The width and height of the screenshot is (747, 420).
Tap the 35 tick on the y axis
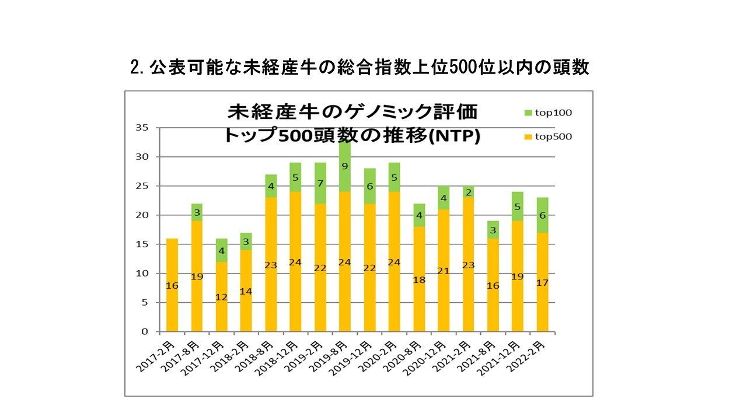coord(141,128)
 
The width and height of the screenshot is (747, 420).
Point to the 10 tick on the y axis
coord(141,273)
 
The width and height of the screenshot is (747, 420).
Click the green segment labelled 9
coord(345,166)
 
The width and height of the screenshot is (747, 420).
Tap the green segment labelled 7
coord(320,183)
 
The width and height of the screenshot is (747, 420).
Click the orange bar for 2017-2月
coord(172,285)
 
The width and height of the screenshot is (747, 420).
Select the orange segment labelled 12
coord(222,296)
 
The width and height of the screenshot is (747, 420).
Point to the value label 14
coord(246,290)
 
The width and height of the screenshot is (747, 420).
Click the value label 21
coord(444,271)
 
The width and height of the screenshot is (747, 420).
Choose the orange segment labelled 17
coord(543,282)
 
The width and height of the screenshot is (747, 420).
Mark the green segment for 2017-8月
coord(197,212)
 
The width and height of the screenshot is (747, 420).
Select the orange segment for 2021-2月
coord(468,264)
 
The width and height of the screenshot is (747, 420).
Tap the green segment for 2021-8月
coord(493,229)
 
